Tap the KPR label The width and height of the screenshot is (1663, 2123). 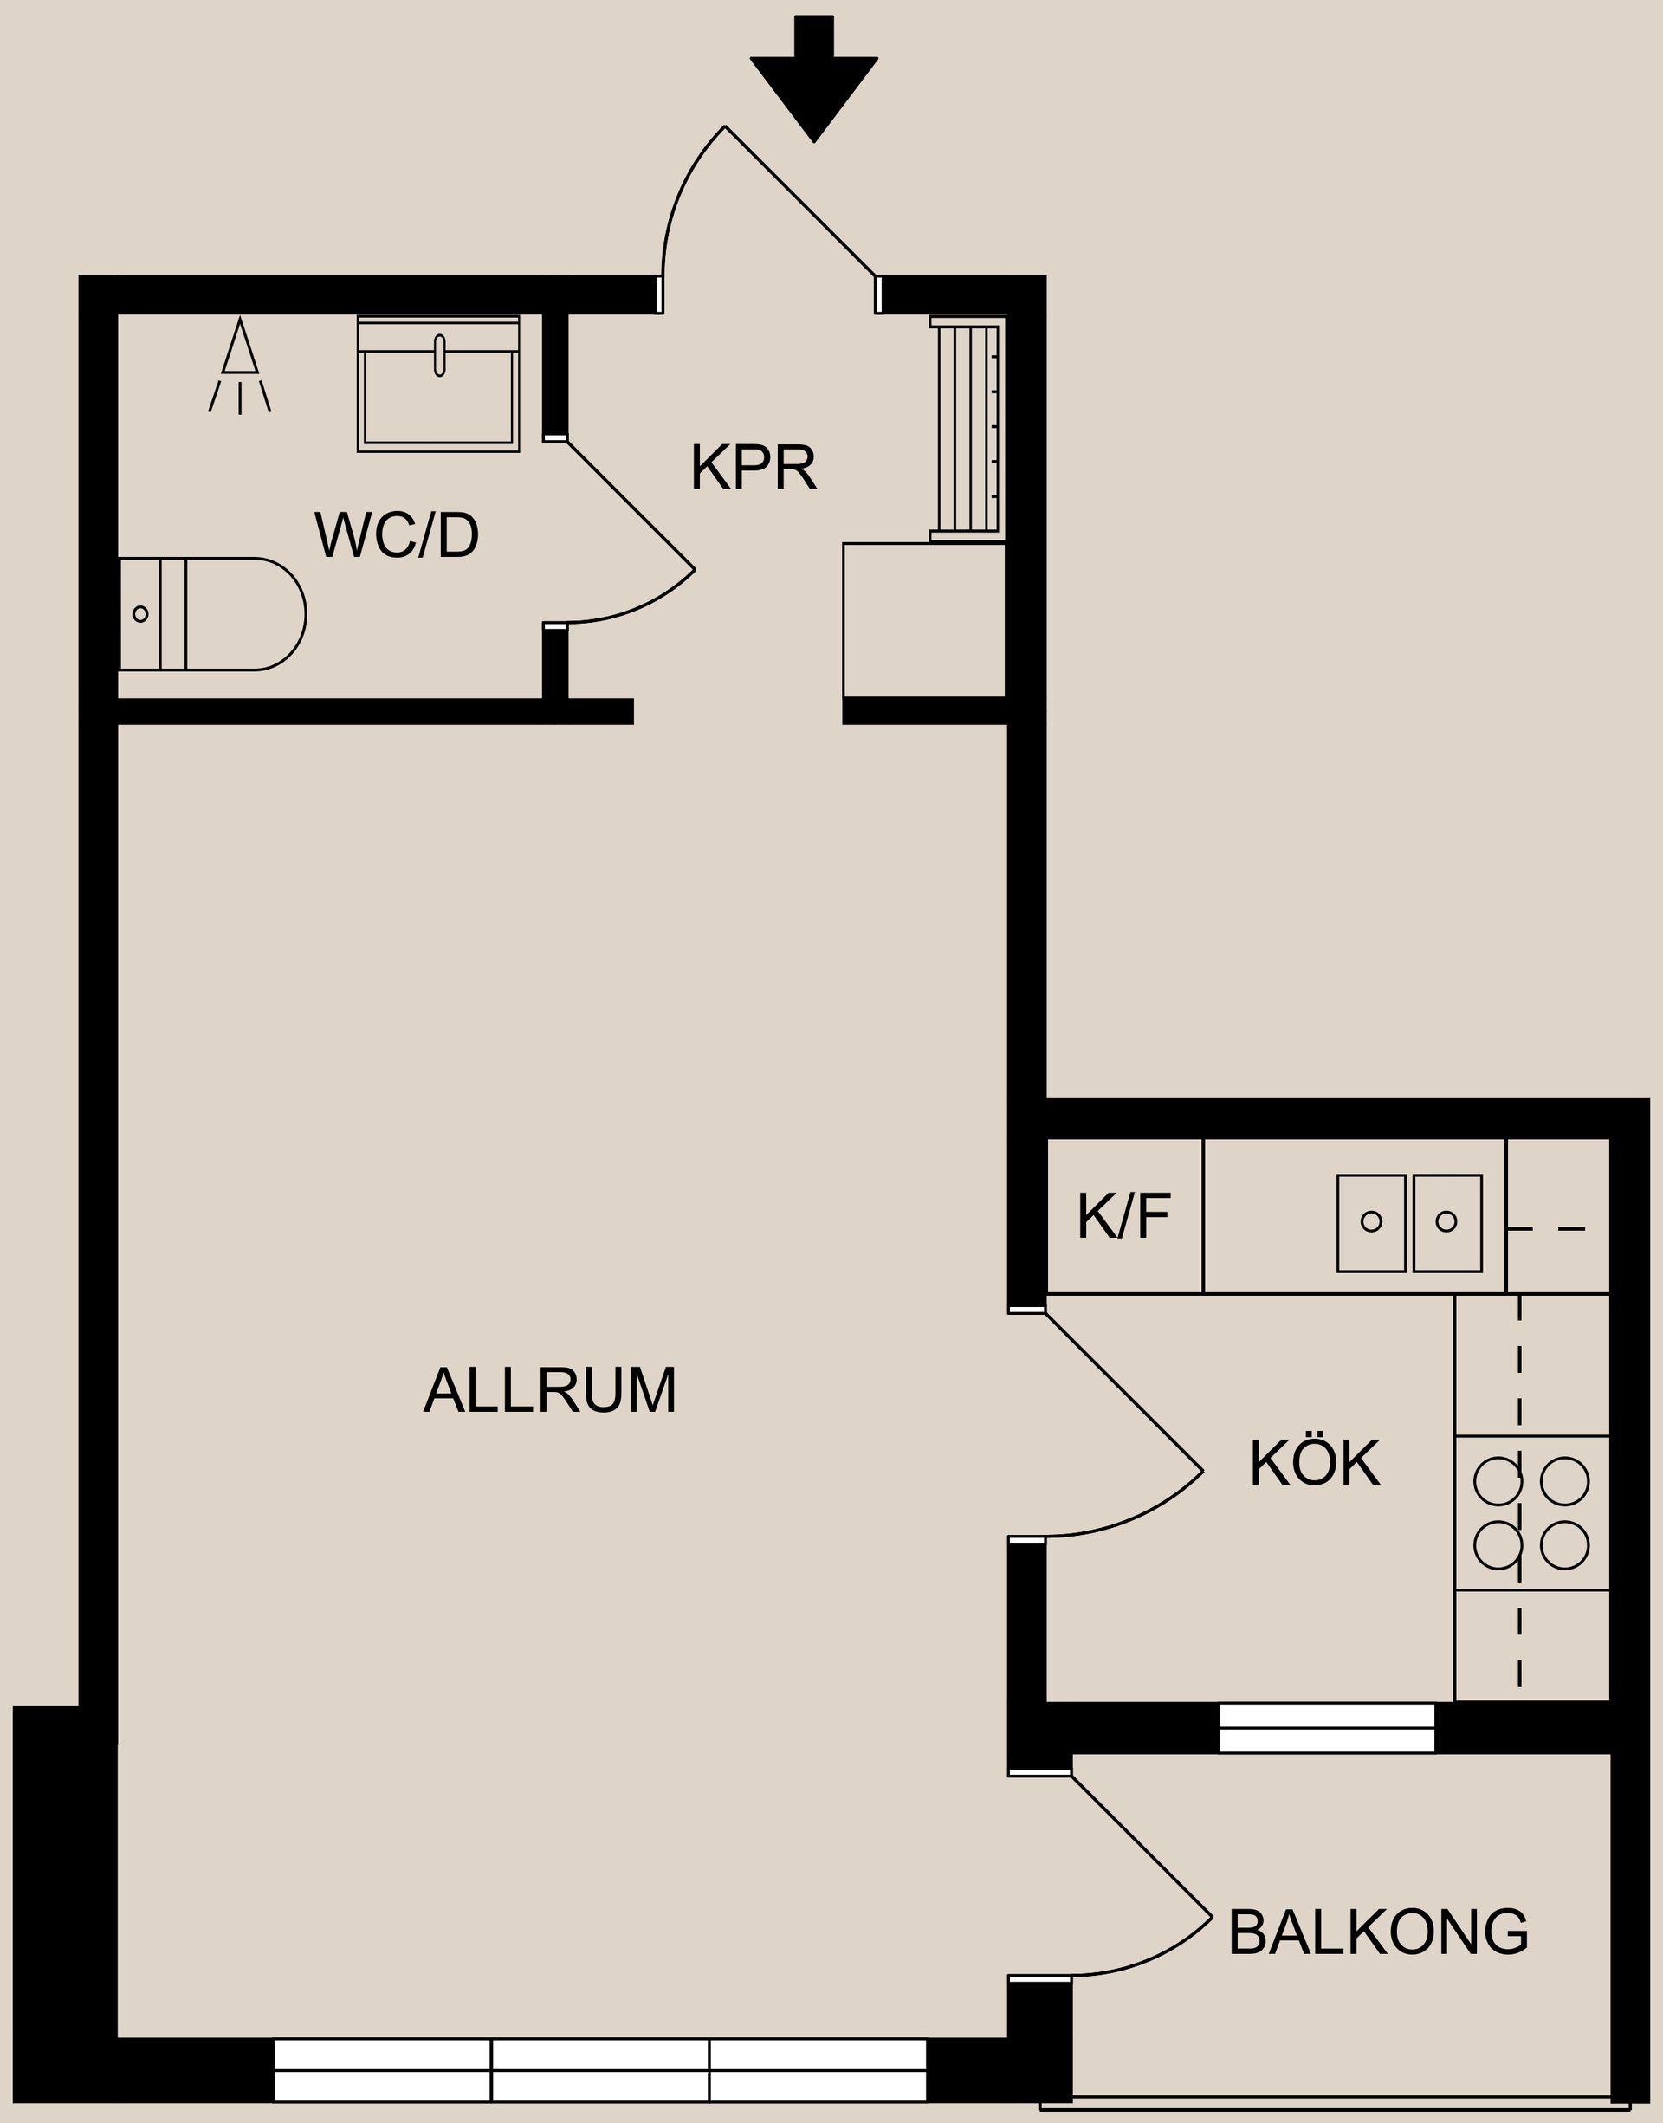[753, 469]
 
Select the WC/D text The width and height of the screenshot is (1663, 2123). [397, 535]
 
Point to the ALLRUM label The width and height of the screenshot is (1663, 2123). [550, 1390]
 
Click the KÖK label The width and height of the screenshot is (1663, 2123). [1315, 1463]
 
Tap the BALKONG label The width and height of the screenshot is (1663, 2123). [1378, 1932]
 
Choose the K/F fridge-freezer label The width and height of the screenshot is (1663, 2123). [1123, 1217]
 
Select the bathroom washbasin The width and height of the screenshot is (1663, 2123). [438, 385]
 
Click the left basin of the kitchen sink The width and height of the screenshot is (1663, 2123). [1371, 1222]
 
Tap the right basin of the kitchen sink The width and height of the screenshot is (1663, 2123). [1446, 1222]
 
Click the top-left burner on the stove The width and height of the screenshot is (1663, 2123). [1498, 1481]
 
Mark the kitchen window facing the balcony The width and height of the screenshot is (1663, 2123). [1327, 1728]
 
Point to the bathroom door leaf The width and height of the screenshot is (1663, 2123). [630, 504]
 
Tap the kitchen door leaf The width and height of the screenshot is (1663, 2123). [1123, 1391]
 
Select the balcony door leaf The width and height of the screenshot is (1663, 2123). [1141, 1846]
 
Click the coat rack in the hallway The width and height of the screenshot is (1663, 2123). [967, 428]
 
